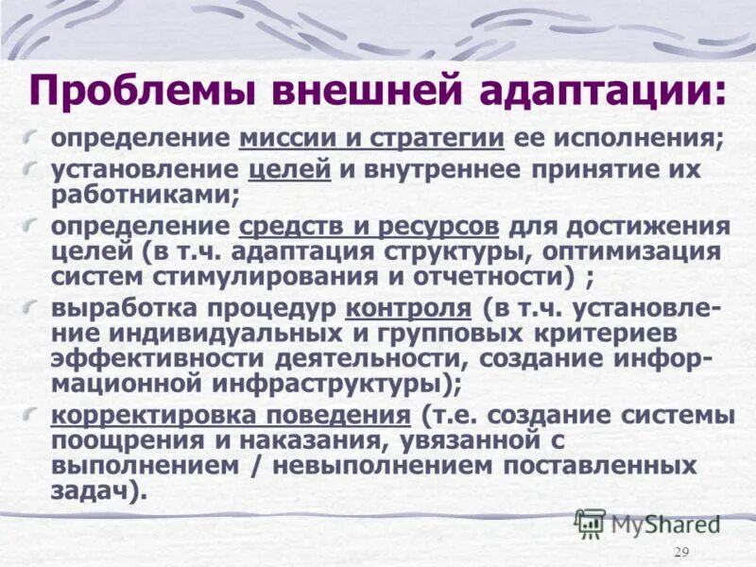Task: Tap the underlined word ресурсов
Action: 438,228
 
